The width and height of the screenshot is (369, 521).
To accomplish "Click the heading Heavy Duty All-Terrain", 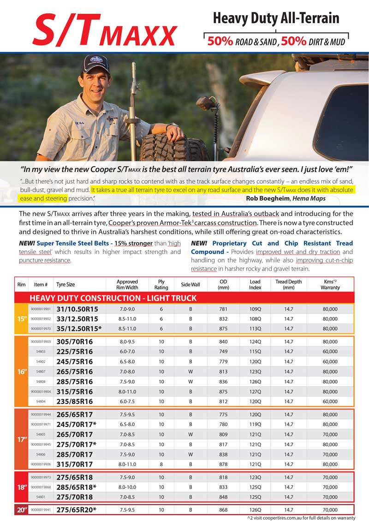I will (276, 18).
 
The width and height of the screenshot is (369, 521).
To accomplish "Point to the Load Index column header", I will (255, 284).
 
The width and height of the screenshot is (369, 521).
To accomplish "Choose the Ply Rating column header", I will (161, 284).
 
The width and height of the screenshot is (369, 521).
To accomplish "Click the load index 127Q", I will (255, 392).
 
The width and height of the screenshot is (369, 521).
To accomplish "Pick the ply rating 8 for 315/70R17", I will (161, 464).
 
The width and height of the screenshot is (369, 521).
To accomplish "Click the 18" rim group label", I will (21, 486).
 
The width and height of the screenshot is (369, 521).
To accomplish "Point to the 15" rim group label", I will (21, 319).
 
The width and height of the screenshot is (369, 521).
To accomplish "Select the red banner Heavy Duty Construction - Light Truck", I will (113, 298).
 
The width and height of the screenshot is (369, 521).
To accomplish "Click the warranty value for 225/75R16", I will (330, 351).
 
